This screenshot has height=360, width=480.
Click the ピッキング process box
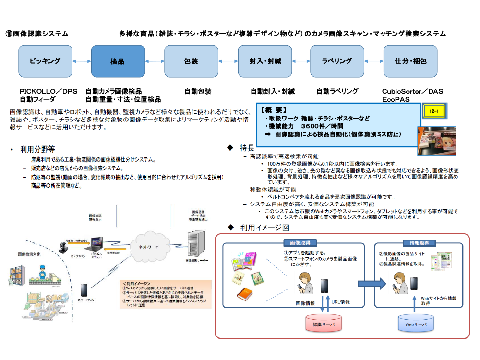pyautogui.click(x=45, y=61)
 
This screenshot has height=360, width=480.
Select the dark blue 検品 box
pyautogui.click(x=118, y=61)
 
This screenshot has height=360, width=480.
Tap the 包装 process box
pyautogui.click(x=191, y=61)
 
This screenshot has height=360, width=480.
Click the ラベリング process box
pyautogui.click(x=337, y=61)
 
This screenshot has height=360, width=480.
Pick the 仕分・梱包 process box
pyautogui.click(x=410, y=61)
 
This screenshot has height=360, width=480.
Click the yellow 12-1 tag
pyautogui.click(x=434, y=111)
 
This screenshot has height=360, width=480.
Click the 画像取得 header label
pyautogui.click(x=300, y=243)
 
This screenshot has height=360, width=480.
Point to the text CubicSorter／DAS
pyautogui.click(x=412, y=91)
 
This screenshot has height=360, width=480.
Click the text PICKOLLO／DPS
pyautogui.click(x=48, y=91)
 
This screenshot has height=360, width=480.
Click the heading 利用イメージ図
pyautogui.click(x=265, y=227)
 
